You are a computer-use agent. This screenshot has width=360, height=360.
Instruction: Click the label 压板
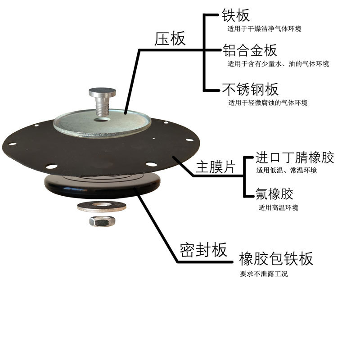point(170,39)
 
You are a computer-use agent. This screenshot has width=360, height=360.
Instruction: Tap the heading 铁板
point(235,16)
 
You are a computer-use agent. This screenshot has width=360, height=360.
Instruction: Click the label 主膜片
point(216,168)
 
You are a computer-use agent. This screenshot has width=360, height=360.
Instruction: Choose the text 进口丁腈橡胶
point(295,158)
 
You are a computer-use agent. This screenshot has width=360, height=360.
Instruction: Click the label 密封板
point(203,250)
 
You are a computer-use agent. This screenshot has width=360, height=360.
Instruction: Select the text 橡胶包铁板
point(276,259)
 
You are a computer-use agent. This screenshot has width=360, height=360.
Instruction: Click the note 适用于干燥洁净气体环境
point(265,29)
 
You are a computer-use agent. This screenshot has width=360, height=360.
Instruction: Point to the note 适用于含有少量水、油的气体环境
point(278,64)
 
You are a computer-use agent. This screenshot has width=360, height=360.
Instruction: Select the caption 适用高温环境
point(278,207)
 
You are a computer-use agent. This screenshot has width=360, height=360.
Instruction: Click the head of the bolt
point(102,93)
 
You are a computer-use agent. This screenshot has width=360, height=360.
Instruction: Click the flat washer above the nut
point(102,207)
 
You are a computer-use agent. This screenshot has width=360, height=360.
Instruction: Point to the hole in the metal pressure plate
point(103,120)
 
